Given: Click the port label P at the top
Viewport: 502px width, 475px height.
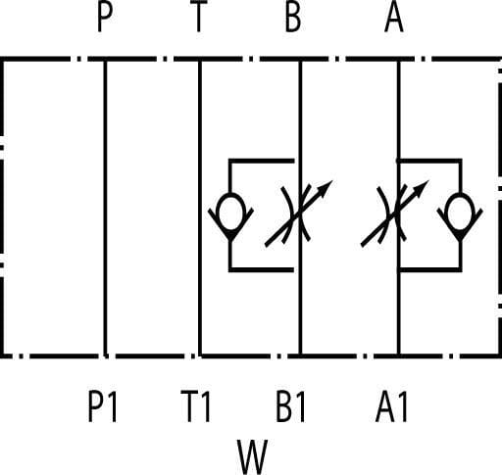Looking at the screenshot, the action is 105,17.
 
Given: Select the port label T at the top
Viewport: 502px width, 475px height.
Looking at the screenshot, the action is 198,17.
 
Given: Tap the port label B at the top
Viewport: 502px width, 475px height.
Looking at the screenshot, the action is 293,17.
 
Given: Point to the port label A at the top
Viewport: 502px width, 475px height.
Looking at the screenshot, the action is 394,17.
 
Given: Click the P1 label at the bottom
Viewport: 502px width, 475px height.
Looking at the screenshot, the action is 102,406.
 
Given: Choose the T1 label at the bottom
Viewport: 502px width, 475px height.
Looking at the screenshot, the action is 196,406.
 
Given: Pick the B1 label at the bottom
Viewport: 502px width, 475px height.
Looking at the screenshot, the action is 290,406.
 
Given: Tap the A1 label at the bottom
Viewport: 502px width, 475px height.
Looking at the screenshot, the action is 391,406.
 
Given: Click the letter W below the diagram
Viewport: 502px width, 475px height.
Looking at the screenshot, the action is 252,457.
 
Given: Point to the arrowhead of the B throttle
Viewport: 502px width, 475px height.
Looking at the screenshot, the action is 326,188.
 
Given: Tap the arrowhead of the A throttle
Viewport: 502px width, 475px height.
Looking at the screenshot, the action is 421,188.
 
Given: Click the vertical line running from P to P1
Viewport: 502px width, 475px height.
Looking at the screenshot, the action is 105,208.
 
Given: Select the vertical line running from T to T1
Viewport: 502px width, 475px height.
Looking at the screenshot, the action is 200,208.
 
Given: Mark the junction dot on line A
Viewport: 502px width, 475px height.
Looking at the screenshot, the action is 398,161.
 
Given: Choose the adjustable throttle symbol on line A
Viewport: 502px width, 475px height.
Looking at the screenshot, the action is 395,214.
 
